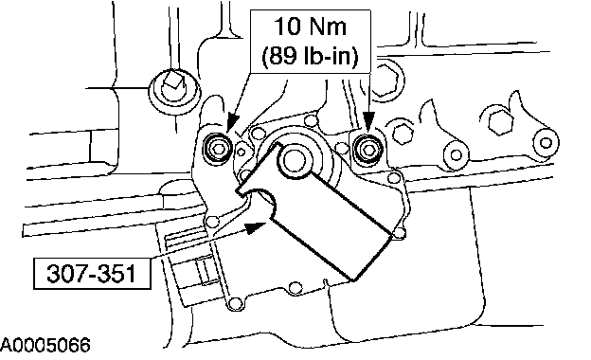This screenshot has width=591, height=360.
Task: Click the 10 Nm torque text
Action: [310, 27]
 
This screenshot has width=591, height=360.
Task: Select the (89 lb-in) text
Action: [310, 57]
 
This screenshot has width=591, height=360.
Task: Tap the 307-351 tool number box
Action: [92, 273]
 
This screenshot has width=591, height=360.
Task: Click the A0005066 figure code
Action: [45, 345]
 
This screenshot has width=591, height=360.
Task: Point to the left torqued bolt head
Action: [219, 148]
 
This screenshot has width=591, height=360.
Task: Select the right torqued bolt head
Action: [368, 148]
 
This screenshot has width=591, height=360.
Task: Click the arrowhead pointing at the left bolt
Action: [232, 122]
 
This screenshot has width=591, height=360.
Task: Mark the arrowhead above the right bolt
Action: [369, 121]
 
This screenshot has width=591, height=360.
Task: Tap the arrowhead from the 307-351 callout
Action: [256, 227]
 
